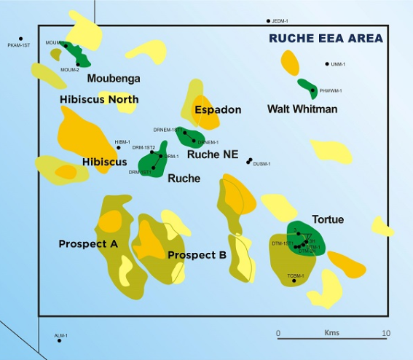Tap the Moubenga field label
click(114, 78)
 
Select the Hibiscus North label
click(99, 99)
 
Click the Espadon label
click(218, 109)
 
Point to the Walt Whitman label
click(302, 109)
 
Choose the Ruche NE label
click(213, 154)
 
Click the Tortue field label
click(328, 219)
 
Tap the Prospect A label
click(88, 243)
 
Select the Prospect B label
click(197, 254)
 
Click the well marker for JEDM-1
click(268, 21)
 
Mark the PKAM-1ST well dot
click(21, 39)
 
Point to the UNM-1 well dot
click(327, 64)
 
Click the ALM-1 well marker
click(60, 340)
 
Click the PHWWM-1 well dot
click(313, 90)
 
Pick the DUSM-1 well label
click(261, 164)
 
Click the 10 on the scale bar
click(385, 334)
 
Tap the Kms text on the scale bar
click(331, 333)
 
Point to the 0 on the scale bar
click(278, 334)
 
